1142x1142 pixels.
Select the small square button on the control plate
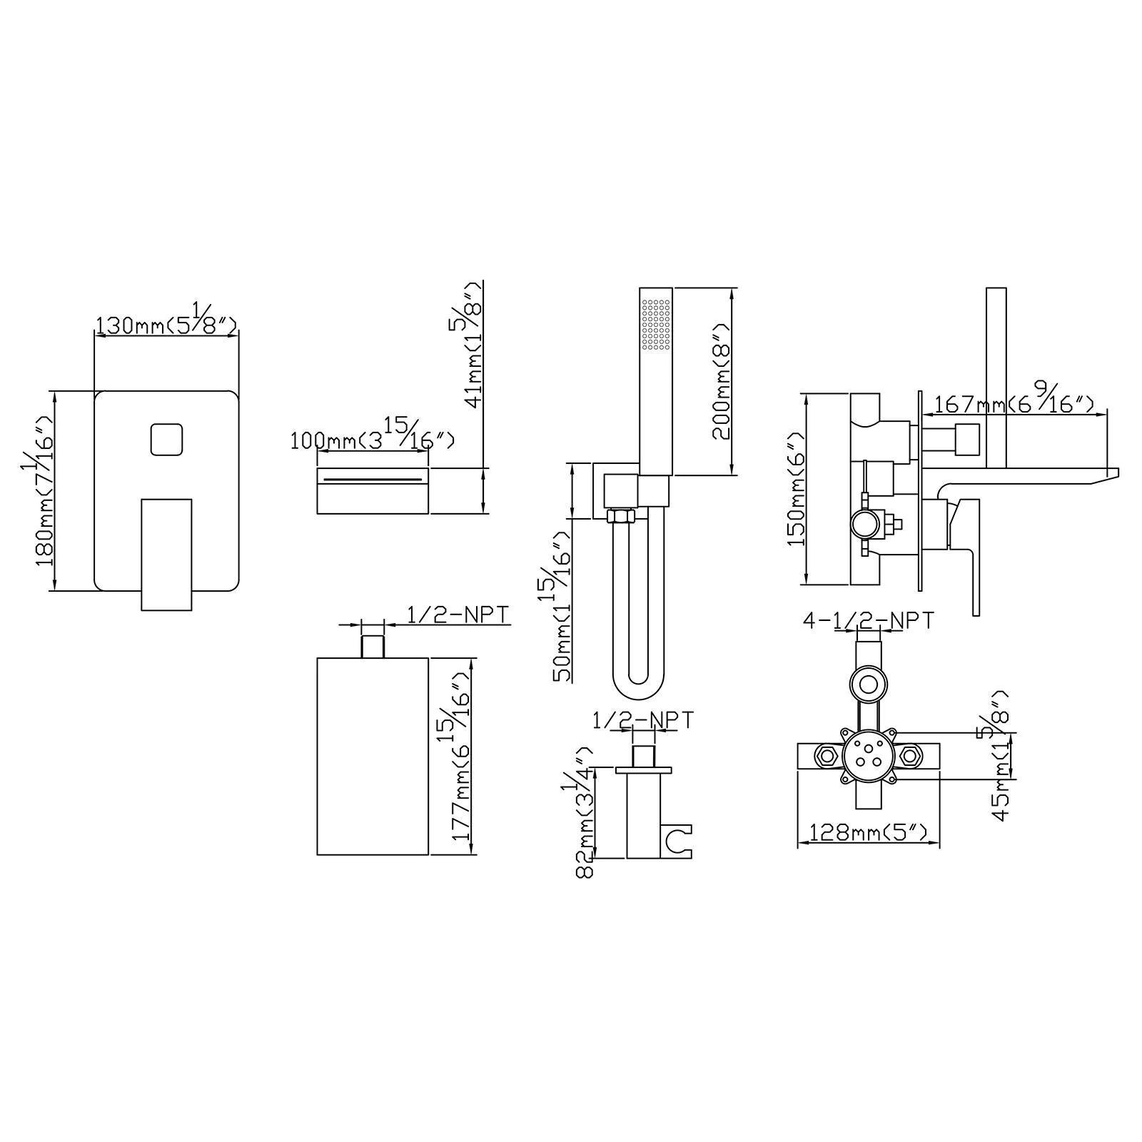(168, 440)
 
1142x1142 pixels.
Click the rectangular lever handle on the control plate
(167, 555)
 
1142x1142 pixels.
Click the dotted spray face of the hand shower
(657, 325)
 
